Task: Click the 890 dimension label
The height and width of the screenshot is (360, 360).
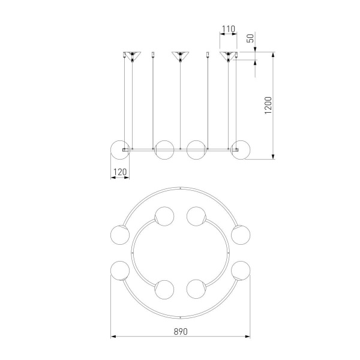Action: (181, 332)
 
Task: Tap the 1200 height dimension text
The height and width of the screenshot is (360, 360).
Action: (268, 106)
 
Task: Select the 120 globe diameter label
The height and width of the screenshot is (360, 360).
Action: (120, 172)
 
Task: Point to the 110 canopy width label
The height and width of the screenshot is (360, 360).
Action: (229, 29)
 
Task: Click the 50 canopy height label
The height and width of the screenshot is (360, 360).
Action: (251, 38)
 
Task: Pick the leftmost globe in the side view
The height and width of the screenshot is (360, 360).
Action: (120, 150)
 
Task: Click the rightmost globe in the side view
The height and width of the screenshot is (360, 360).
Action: (241, 150)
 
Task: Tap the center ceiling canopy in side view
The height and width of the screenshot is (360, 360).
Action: (180, 55)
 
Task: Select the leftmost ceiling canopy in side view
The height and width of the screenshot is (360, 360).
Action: (132, 55)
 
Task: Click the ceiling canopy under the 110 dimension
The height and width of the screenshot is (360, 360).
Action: (228, 55)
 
